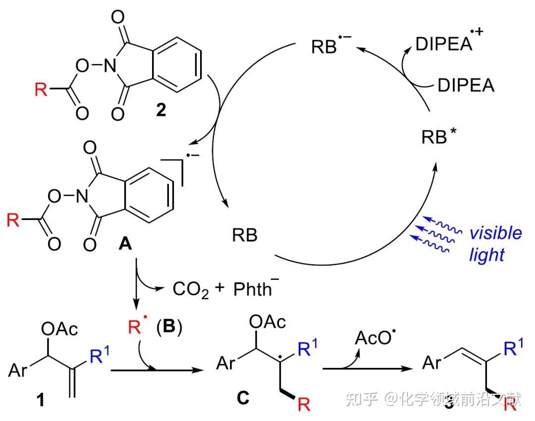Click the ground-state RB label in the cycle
[x=245, y=235]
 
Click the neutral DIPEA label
[x=466, y=86]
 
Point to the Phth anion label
[x=253, y=288]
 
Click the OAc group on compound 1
[x=61, y=329]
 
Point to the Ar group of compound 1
[x=18, y=370]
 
